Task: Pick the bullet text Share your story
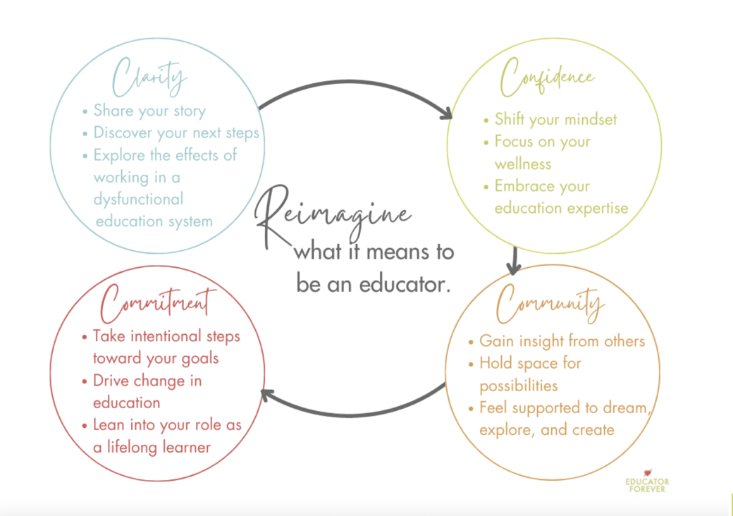coord(149,111)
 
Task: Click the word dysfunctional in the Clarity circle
coord(138,199)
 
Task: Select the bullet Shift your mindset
coord(555,119)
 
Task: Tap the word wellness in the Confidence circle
coord(523,164)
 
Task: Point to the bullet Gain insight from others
coord(562,341)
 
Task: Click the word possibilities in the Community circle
coord(519,386)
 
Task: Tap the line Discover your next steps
coord(176,133)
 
